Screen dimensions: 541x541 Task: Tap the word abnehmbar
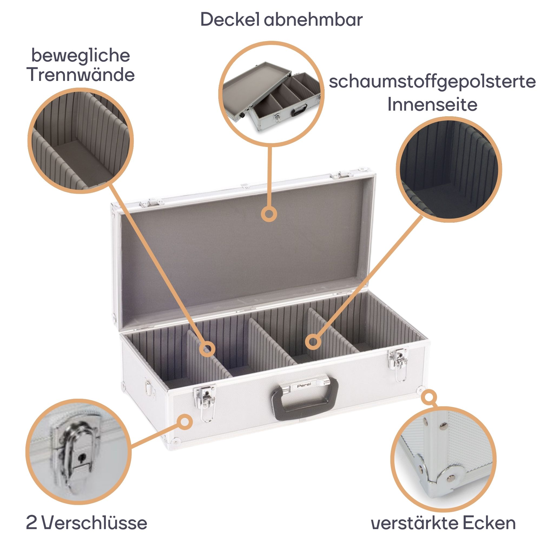[x=313, y=19]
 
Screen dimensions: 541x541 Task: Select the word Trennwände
[x=81, y=75]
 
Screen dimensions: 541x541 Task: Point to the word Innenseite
[x=432, y=104]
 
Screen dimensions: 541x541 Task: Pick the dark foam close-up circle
[x=449, y=170]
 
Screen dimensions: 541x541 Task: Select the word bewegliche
[x=81, y=55]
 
